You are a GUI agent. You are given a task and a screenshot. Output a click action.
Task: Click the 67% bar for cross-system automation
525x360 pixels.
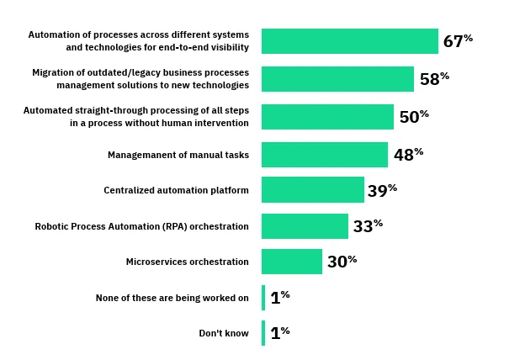click(x=349, y=41)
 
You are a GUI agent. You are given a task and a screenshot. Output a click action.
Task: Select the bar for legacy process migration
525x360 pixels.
click(x=337, y=79)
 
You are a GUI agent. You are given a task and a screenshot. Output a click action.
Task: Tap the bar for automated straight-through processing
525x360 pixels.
click(x=327, y=117)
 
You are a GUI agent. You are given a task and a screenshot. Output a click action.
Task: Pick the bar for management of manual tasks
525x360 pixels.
click(x=324, y=155)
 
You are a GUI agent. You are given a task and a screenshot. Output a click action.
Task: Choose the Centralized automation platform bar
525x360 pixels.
click(x=312, y=190)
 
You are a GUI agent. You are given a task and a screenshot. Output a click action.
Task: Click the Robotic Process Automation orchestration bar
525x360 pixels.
click(x=305, y=226)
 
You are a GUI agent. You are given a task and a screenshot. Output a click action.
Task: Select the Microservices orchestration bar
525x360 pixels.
click(x=291, y=262)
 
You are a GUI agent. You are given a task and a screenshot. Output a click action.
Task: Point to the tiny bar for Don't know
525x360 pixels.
click(x=263, y=333)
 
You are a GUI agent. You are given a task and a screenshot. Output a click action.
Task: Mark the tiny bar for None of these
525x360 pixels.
click(x=263, y=298)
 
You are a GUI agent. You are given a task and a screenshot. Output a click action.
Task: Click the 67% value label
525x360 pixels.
click(x=458, y=41)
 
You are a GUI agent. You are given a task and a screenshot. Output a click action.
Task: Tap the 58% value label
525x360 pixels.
click(x=434, y=79)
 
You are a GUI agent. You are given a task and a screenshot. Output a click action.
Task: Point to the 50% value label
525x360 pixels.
click(x=414, y=117)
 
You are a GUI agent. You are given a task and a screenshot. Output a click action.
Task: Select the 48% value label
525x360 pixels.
click(x=408, y=155)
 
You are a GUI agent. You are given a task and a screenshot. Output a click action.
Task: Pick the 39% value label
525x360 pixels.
click(x=382, y=191)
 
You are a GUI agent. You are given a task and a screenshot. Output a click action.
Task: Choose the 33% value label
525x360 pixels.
click(x=368, y=226)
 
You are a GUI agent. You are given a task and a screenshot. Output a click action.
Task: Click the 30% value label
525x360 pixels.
click(x=342, y=262)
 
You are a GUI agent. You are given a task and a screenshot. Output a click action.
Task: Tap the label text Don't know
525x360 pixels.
click(x=224, y=333)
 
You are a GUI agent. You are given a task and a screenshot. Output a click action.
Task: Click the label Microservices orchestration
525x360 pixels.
click(x=187, y=262)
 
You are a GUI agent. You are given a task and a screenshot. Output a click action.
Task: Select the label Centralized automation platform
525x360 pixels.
click(x=176, y=190)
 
